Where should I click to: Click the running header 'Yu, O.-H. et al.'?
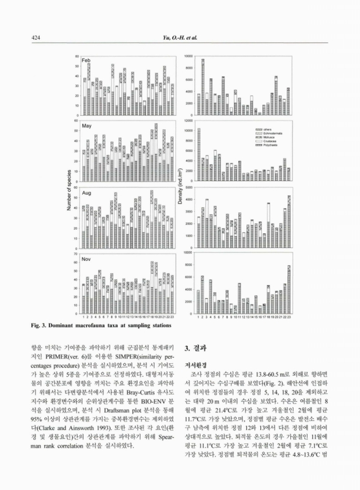tap(178, 37)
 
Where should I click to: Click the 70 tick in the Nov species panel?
tap(76, 253)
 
